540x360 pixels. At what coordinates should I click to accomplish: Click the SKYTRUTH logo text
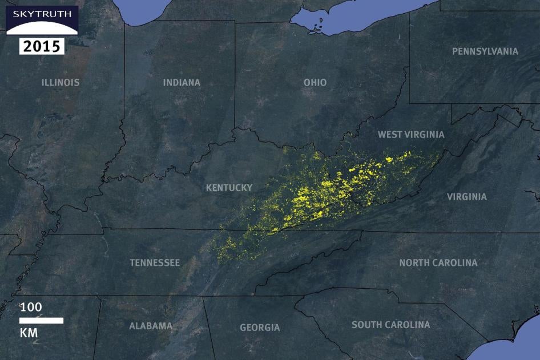42,13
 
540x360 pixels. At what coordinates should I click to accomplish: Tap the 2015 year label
42,46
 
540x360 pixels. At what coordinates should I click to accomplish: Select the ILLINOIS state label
61,82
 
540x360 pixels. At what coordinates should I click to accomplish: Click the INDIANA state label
182,82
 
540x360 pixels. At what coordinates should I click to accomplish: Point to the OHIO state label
315,82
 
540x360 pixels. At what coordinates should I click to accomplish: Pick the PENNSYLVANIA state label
485,51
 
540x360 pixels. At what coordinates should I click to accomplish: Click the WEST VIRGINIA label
411,135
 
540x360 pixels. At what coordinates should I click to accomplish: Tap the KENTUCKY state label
229,188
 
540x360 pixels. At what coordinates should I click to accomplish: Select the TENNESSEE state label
155,262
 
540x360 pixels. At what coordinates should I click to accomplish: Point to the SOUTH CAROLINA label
391,325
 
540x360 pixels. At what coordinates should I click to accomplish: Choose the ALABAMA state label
151,326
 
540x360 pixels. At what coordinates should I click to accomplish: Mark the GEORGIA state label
260,327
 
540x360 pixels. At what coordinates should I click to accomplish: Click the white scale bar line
41,320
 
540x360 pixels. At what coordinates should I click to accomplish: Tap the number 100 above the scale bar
31,307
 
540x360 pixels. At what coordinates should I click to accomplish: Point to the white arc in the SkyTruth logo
42,29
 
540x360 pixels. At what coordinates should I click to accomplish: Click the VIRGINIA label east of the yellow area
467,197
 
